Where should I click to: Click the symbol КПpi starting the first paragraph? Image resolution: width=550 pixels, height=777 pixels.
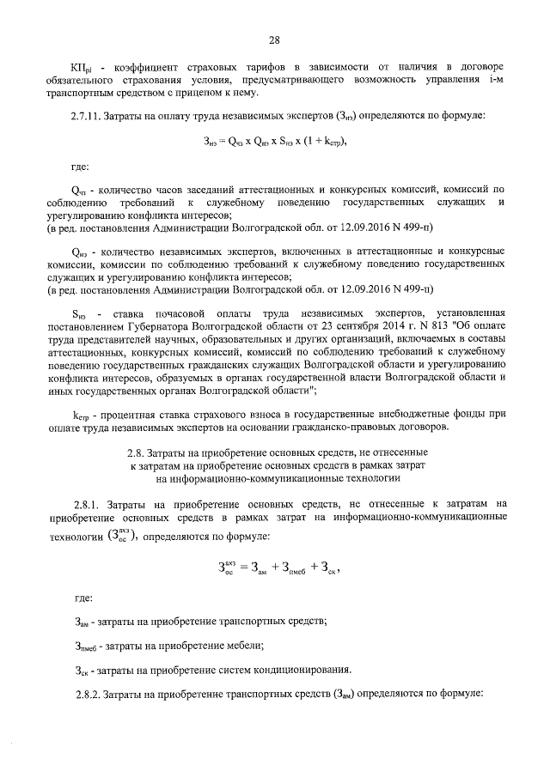coord(82,67)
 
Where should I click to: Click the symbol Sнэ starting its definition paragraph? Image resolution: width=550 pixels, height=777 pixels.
coord(79,312)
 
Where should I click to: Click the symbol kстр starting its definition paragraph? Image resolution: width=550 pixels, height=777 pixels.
coord(81,414)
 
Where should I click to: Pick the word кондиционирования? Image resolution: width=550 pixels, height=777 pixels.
coord(279,669)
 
